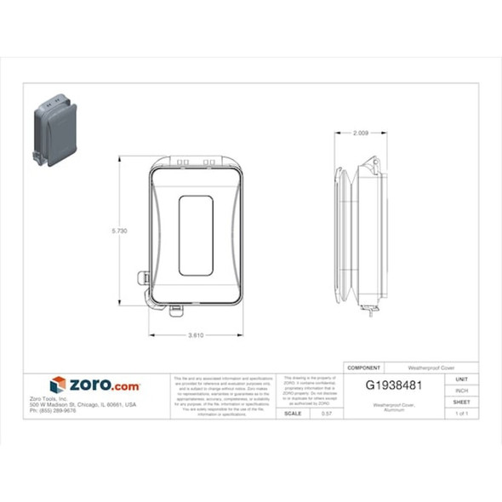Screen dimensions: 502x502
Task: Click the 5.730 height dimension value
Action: (120, 231)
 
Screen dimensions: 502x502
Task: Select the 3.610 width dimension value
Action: (196, 334)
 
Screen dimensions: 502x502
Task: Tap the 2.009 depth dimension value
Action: (360, 134)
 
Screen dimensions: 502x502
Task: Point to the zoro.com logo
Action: (95, 385)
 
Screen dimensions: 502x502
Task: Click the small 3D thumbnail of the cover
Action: (54, 131)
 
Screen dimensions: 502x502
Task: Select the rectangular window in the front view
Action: (195, 236)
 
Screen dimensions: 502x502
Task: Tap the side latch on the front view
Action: (145, 278)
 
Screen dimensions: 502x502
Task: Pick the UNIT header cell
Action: (462, 379)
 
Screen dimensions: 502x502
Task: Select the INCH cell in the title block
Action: (462, 391)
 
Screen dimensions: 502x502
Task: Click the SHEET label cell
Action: (462, 402)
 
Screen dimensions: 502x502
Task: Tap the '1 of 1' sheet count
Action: (462, 413)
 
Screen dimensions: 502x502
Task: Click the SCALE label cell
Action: (293, 413)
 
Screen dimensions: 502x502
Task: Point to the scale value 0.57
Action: (326, 413)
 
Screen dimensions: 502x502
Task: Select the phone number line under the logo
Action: (53, 410)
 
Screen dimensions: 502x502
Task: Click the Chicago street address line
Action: (83, 404)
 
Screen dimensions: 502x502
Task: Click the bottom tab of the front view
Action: (176, 309)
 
